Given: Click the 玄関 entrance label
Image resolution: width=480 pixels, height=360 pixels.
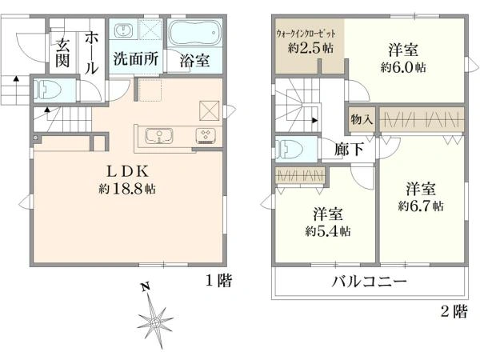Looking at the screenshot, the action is [x=62, y=53].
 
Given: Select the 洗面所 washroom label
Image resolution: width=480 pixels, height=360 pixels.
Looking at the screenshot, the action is [x=136, y=58].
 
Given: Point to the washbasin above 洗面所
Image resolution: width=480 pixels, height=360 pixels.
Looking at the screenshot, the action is [x=124, y=30].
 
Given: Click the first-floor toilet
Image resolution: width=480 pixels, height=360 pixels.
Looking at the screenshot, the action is [x=47, y=90].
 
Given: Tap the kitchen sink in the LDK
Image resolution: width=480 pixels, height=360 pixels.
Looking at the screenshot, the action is [x=159, y=136].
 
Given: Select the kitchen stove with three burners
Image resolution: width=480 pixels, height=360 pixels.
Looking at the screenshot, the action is [x=206, y=136].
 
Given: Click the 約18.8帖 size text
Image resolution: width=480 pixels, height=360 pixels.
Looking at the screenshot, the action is [x=127, y=189].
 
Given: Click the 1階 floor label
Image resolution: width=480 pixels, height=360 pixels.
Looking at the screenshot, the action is [x=218, y=281].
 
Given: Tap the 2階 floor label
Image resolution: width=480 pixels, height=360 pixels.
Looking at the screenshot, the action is [x=454, y=312].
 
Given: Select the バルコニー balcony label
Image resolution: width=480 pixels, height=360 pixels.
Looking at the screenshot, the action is [x=370, y=281].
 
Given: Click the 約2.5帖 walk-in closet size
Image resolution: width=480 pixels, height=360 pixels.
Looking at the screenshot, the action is [x=310, y=48].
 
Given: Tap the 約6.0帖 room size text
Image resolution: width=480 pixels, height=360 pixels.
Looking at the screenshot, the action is [x=403, y=67].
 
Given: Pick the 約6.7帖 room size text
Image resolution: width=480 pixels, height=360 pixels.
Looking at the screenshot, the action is [x=421, y=206].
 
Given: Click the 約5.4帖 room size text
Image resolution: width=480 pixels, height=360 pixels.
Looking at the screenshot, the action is [x=327, y=231].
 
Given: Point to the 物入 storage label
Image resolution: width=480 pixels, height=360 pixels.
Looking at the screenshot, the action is [x=362, y=118].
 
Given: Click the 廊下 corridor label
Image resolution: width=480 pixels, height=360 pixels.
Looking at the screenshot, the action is [x=349, y=149].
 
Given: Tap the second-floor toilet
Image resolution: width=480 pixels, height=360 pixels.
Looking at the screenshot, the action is [x=290, y=150].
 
